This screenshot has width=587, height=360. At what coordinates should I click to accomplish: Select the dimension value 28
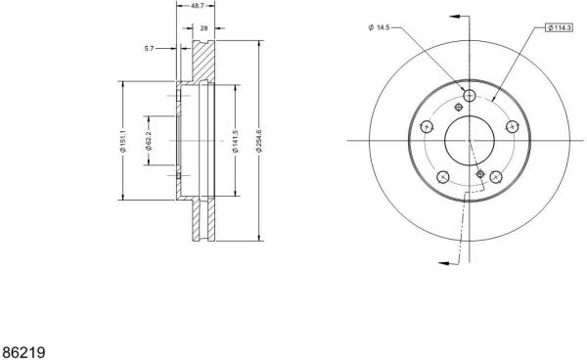tap(204, 28)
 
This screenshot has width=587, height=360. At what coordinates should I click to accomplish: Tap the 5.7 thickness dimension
tap(149, 48)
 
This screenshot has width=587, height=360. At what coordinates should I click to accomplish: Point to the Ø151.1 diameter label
tap(124, 141)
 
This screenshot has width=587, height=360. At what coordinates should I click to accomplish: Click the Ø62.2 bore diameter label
tap(149, 141)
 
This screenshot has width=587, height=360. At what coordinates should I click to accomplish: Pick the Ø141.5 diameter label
tap(235, 141)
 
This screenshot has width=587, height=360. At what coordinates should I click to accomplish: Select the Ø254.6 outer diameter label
tap(258, 140)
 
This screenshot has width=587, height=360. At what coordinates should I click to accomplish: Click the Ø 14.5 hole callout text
tap(380, 27)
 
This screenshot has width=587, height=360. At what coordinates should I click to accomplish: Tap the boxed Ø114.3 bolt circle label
tap(560, 27)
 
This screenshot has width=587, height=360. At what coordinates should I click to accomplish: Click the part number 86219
tap(23, 352)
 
